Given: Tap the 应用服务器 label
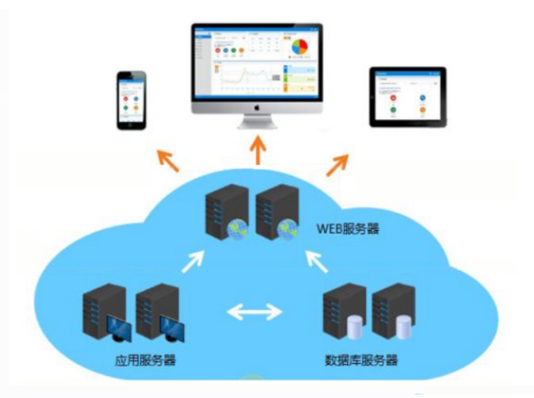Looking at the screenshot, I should (144, 362).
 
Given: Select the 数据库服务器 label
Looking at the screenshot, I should (361, 362).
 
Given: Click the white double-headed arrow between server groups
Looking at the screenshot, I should (255, 311).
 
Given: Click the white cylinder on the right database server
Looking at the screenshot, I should (406, 325).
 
